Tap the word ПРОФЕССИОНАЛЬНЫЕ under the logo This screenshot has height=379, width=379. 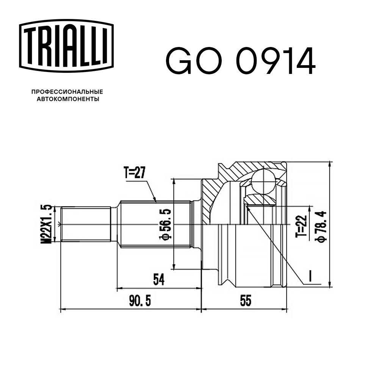67,92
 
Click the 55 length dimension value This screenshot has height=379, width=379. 245,301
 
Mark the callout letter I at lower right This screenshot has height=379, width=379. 310,277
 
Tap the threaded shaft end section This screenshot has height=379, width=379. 85,224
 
